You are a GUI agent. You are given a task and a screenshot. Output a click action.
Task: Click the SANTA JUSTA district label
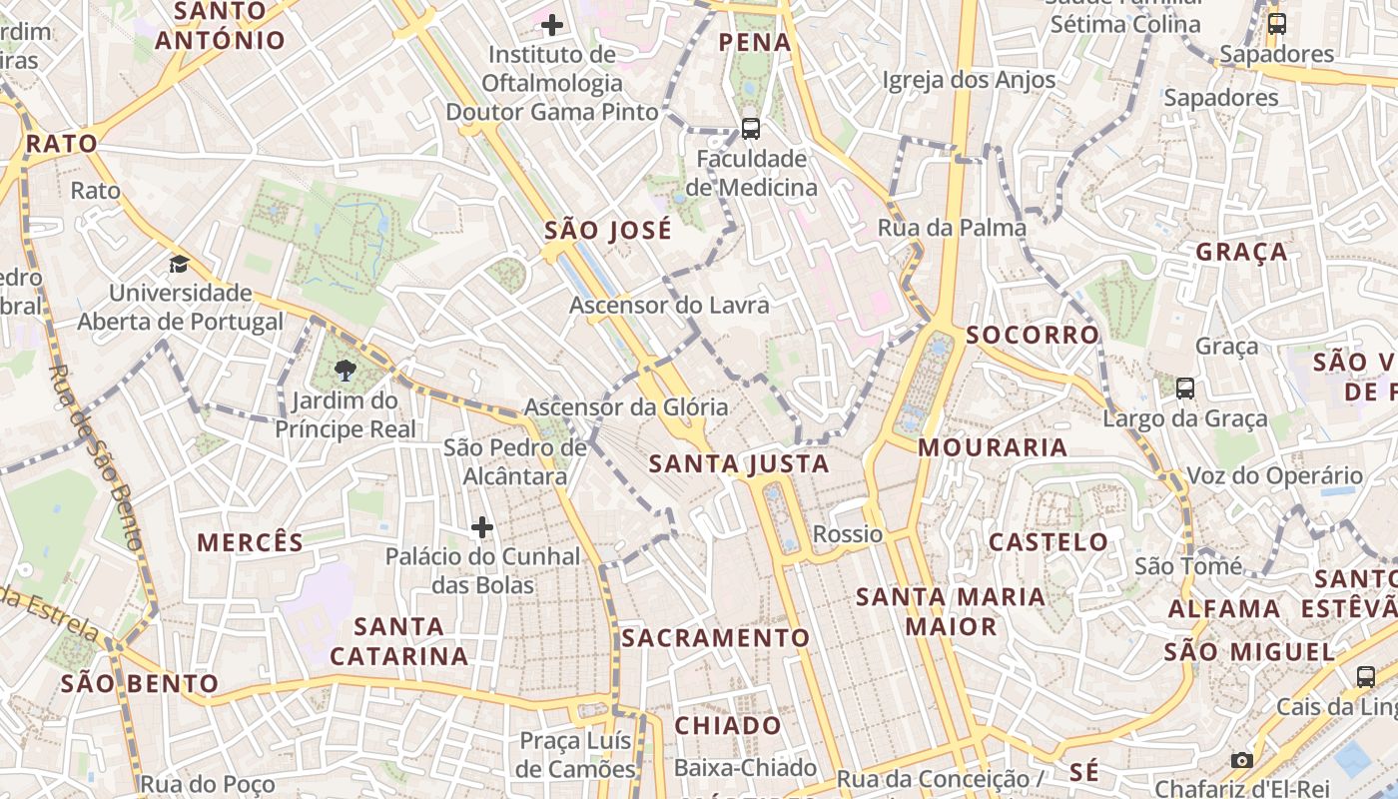[739, 463]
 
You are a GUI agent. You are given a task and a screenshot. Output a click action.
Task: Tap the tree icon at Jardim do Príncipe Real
[346, 371]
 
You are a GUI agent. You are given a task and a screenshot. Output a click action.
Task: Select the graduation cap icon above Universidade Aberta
[179, 264]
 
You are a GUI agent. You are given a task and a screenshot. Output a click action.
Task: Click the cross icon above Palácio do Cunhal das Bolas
[482, 526]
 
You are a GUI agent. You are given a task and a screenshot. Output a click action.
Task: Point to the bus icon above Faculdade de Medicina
[750, 128]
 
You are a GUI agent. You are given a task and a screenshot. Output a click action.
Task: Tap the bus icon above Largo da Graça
[1185, 388]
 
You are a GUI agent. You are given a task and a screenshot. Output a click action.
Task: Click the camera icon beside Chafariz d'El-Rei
[1241, 760]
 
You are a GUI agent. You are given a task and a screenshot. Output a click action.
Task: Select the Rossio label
[848, 534]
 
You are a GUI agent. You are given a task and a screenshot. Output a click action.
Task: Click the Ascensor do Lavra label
[669, 305]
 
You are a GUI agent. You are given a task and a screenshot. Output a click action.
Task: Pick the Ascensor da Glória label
[626, 406]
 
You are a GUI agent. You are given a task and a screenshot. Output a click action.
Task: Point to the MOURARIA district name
[993, 447]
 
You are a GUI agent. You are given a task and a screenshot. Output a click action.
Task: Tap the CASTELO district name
[1048, 542]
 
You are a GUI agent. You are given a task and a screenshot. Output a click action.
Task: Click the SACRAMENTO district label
[716, 637]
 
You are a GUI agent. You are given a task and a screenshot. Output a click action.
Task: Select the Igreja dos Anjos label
[969, 80]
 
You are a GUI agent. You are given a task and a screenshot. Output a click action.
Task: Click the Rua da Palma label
[952, 228]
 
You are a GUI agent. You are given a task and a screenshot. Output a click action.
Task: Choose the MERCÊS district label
[250, 542]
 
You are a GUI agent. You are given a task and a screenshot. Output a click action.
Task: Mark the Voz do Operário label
[1274, 475]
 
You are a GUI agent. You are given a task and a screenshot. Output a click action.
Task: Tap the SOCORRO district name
[1033, 335]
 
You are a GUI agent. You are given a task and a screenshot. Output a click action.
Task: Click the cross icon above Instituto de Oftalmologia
[551, 24]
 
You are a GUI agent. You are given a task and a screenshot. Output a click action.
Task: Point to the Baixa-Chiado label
[745, 768]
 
